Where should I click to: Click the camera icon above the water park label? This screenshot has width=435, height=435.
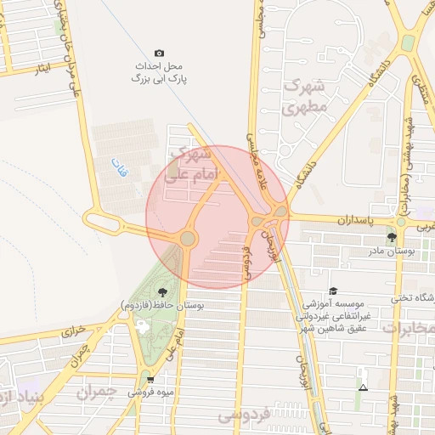(159, 53)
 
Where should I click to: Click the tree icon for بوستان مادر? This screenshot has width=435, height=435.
(392, 237)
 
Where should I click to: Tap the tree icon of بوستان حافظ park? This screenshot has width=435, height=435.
(161, 293)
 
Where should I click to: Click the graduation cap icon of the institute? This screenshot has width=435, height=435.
(333, 291)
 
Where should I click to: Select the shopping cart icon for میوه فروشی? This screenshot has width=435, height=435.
(150, 380)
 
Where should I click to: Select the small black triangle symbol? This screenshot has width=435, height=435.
(364, 387)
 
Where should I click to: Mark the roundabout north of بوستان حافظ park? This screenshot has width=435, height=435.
(188, 240)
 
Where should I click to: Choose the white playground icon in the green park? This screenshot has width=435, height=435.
(141, 326)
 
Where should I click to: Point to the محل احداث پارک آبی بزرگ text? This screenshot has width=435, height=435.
(159, 71)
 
